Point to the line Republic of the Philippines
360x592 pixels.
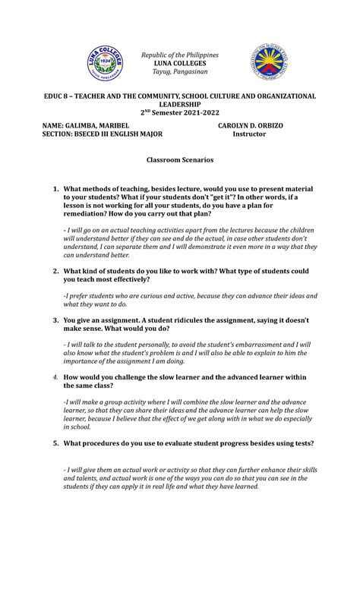tap(180, 55)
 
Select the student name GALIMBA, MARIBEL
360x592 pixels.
tap(103, 125)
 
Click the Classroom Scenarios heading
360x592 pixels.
tap(180, 160)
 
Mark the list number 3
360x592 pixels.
tap(55, 320)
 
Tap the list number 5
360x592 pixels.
tap(55, 443)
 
